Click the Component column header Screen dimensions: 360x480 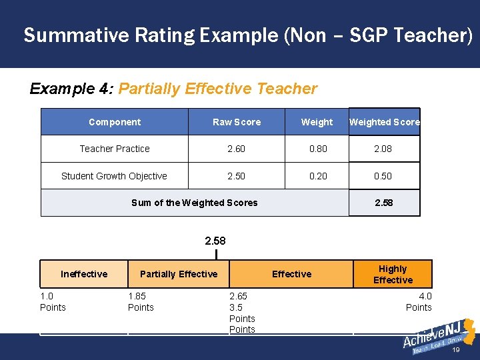tap(115, 122)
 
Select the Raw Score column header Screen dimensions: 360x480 tap(237, 122)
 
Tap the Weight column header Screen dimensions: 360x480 tap(317, 122)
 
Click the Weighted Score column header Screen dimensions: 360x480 tap(385, 122)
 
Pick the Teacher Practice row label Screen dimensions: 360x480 tap(115, 149)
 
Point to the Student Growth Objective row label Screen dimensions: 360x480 tap(114, 176)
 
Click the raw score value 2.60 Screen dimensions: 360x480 tap(236, 149)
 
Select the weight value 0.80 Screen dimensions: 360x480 tap(318, 149)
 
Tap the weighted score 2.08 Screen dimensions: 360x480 tap(383, 149)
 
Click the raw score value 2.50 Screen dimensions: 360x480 tap(236, 176)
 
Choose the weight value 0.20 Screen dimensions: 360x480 tap(318, 176)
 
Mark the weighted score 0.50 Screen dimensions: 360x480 tap(383, 176)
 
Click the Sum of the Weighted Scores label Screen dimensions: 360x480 tap(194, 203)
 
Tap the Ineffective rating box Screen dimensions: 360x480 tap(84, 274)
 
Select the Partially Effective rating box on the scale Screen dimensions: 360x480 tap(179, 274)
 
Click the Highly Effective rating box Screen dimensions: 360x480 tap(393, 274)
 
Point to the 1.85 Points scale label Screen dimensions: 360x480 tap(141, 301)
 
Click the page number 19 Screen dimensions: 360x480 tap(456, 349)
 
